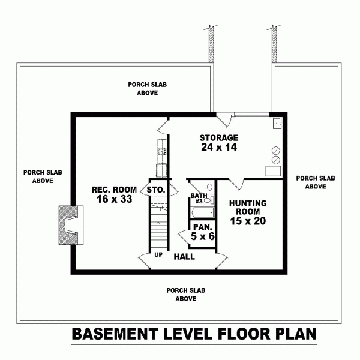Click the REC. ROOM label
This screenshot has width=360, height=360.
pos(114,190)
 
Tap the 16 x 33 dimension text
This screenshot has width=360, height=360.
pos(114,200)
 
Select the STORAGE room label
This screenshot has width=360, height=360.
pos(219,137)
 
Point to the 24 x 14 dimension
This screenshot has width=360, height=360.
pos(219,148)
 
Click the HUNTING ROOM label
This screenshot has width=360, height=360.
pos(248,208)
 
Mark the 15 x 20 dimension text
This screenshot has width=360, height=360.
pos(248,221)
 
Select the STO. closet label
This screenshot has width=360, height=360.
pos(156,191)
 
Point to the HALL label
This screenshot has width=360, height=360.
pos(183,257)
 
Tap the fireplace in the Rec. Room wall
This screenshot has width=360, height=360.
pos(68,225)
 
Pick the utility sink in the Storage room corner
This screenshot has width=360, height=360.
pos(277,123)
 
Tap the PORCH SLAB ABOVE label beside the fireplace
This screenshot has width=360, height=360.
pos(38,176)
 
